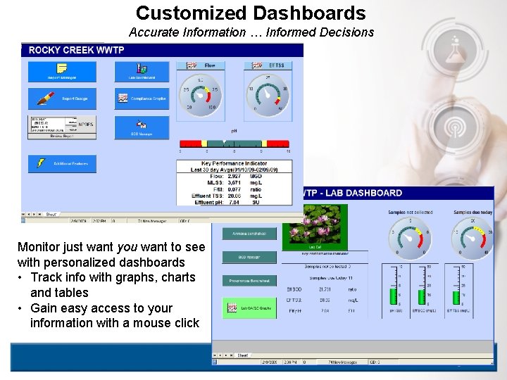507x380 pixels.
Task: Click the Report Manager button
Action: click(x=61, y=71)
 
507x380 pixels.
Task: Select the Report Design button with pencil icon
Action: click(x=61, y=98)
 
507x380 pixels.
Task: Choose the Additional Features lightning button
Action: click(x=61, y=163)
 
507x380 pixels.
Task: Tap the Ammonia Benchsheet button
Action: click(x=249, y=234)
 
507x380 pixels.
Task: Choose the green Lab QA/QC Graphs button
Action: click(x=249, y=308)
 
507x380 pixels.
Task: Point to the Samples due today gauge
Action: click(x=472, y=238)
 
